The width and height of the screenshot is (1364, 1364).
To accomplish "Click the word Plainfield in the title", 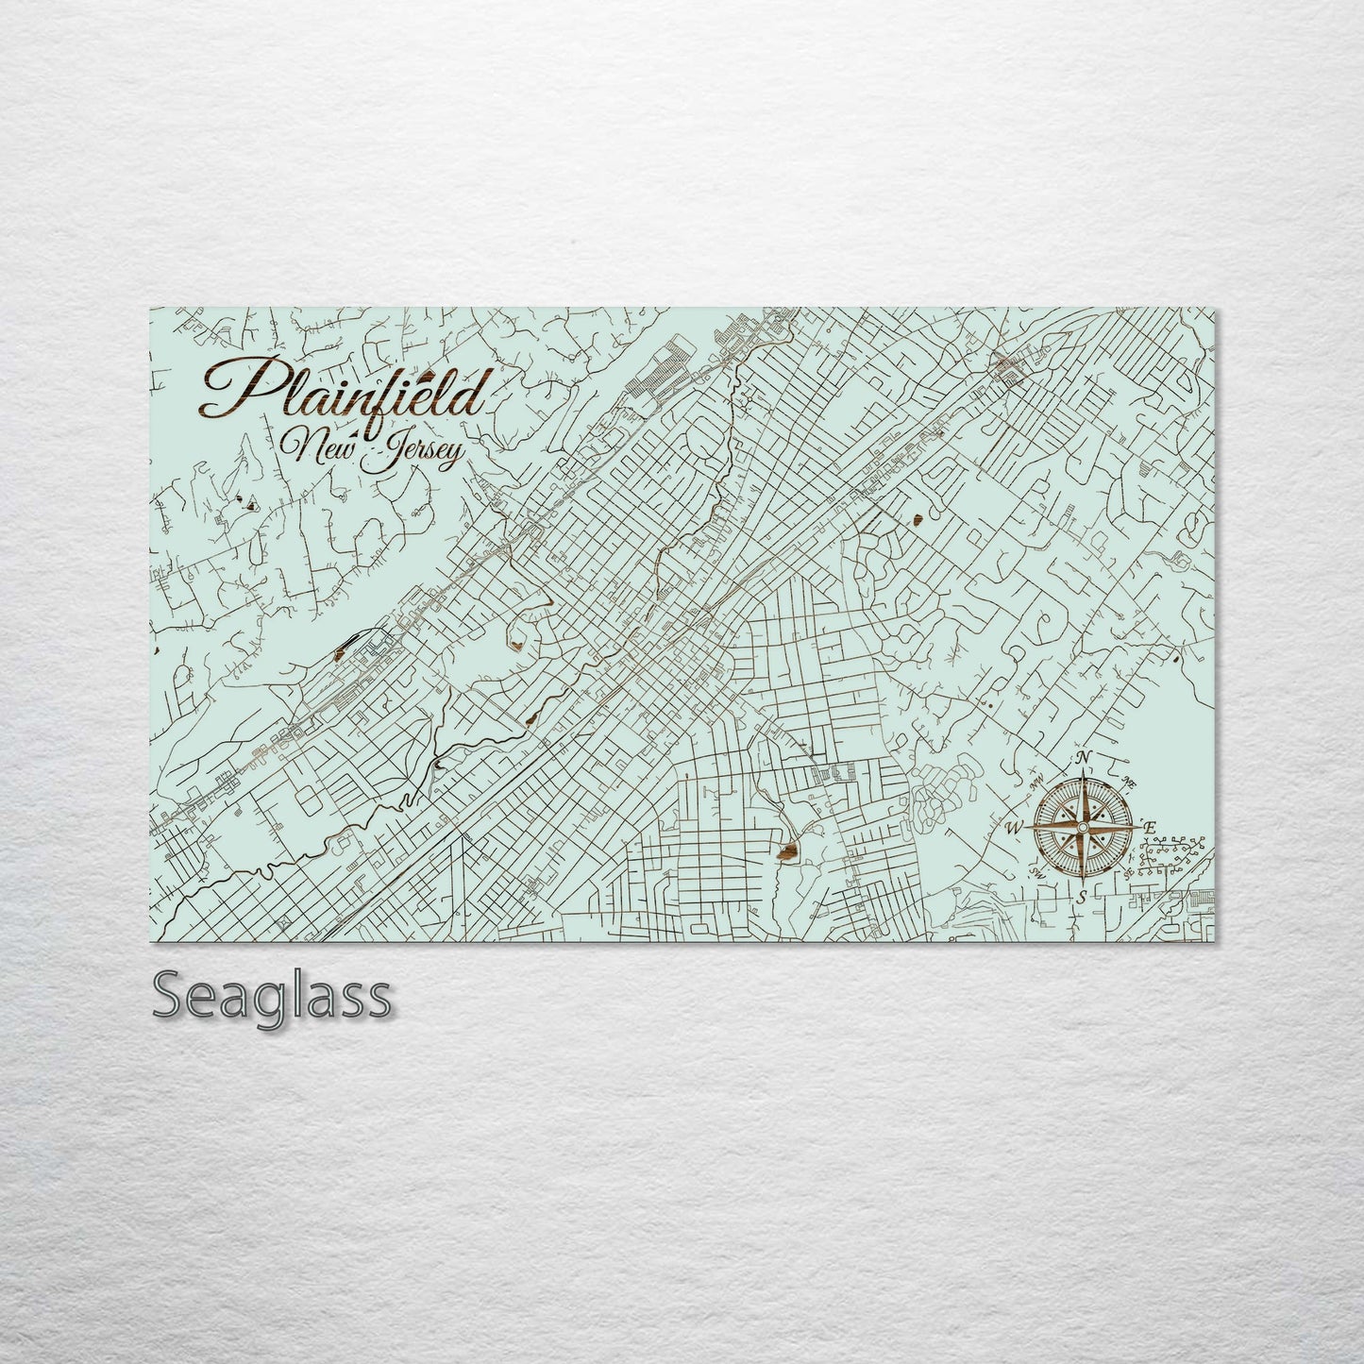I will click(345, 394).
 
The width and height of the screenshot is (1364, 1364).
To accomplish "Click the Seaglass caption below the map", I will click(271, 995).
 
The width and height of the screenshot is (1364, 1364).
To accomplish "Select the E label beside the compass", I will click(1149, 827).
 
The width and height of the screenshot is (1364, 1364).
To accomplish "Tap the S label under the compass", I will click(1084, 897).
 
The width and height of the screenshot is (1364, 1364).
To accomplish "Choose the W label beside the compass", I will click(1015, 829).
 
